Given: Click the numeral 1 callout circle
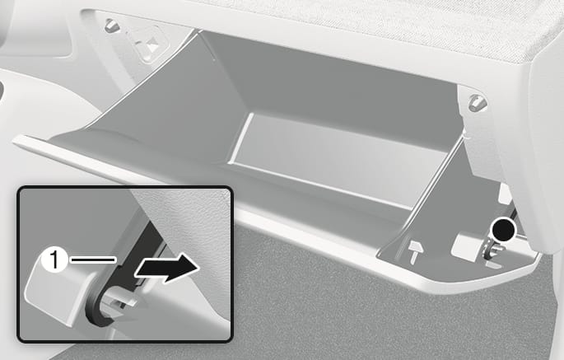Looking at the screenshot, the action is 54,259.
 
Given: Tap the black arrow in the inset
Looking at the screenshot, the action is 166,268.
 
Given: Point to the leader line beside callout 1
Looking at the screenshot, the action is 93,259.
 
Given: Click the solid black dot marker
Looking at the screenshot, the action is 503,229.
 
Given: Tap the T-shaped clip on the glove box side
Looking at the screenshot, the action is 415,251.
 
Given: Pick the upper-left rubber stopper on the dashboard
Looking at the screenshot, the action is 111,26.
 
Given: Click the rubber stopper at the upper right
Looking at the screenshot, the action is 478,102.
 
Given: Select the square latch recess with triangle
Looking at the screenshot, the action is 147,43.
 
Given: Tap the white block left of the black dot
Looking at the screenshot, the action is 468,245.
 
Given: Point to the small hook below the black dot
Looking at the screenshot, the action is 492,250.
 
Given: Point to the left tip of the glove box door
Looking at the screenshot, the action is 14,139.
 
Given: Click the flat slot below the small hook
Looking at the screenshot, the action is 493,265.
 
